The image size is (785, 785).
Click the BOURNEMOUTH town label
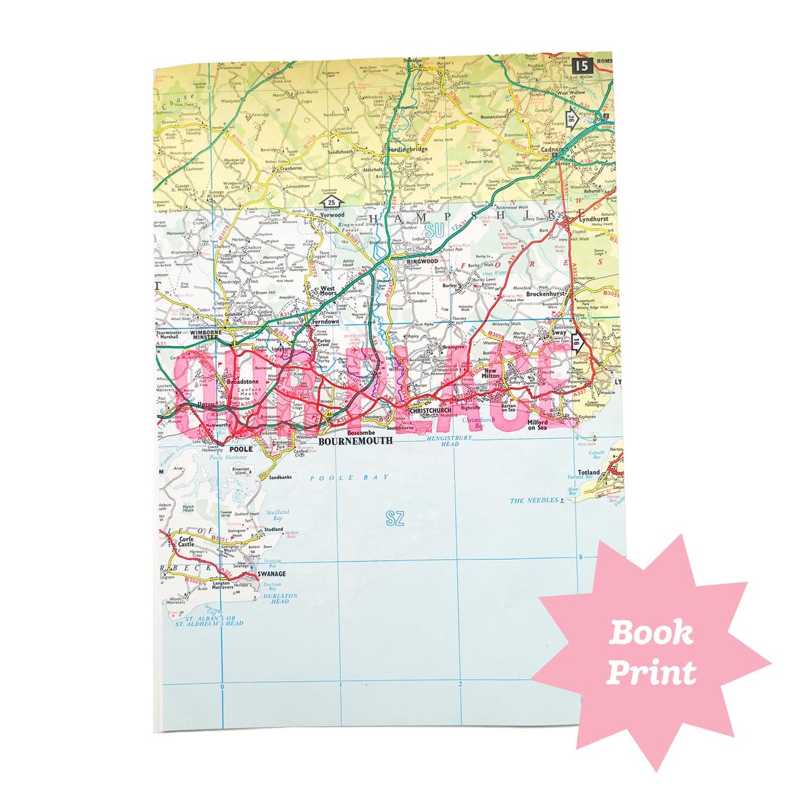(x=355, y=440)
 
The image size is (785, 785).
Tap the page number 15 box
(x=581, y=66)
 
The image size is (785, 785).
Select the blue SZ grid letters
(x=395, y=518)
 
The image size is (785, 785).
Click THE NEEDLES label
(x=534, y=501)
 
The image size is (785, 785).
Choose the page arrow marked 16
(x=576, y=341)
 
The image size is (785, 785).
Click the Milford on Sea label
(x=538, y=425)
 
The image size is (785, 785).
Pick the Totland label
(x=589, y=472)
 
